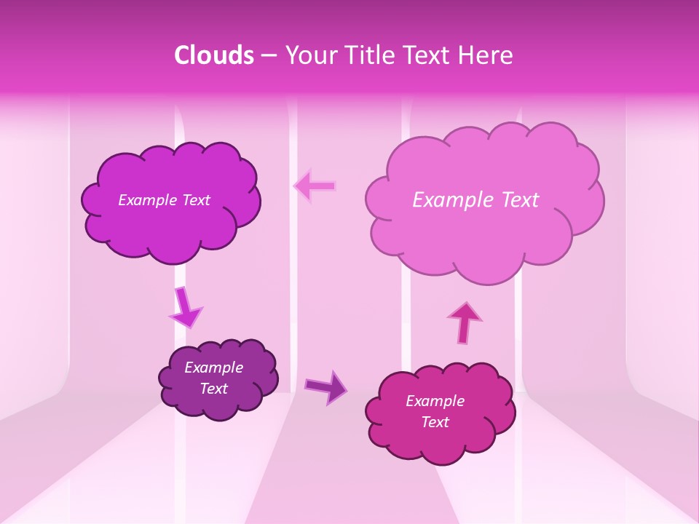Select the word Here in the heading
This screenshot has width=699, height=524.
click(488, 55)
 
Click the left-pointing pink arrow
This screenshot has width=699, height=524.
click(315, 186)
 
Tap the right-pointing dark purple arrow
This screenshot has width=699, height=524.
click(326, 386)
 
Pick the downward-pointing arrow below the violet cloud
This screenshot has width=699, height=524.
click(185, 307)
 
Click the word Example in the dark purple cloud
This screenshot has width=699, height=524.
click(213, 368)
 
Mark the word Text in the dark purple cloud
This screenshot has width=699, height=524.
click(213, 389)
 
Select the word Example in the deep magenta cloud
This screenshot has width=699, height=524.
click(435, 401)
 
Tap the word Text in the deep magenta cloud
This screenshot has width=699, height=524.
click(435, 422)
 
